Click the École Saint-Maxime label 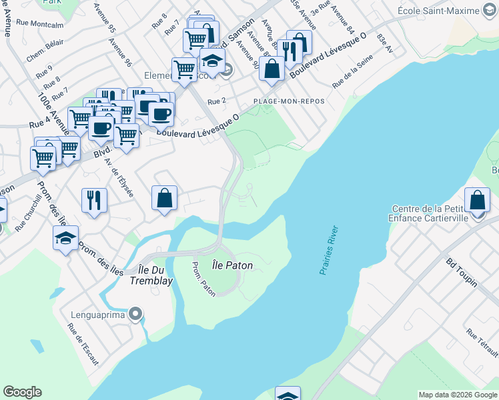click(x=447, y=11)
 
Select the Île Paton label click(x=232, y=265)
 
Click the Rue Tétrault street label click(x=482, y=343)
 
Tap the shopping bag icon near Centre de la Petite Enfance click(x=477, y=199)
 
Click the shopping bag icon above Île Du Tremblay click(x=164, y=198)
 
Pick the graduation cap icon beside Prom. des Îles click(x=65, y=238)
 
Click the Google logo click(x=22, y=392)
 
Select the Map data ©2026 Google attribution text click(x=457, y=395)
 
